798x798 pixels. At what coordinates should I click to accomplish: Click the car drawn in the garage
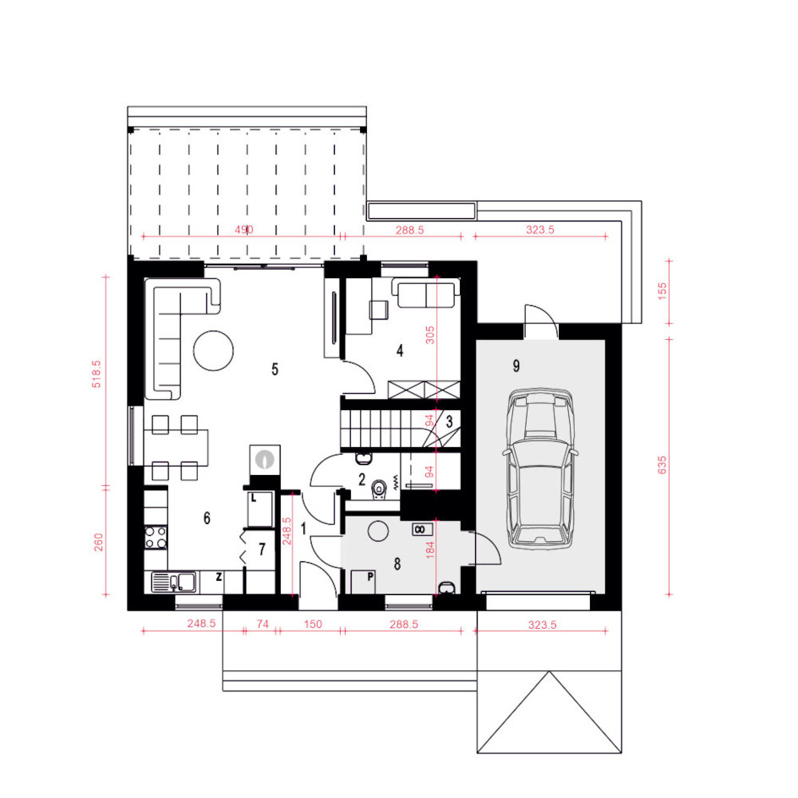pos(540,468)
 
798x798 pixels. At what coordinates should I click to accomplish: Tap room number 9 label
pos(516,365)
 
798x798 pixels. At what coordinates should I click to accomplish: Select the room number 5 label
pos(275,369)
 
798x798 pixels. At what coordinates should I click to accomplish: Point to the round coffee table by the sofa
pos(213,351)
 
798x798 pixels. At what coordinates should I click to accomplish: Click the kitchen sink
pos(173,582)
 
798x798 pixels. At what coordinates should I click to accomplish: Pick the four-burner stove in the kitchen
pos(156,538)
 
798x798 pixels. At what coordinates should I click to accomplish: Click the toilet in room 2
pos(379,489)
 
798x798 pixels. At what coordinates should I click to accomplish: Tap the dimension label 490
pos(243,230)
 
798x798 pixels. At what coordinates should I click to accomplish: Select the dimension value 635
pos(662,465)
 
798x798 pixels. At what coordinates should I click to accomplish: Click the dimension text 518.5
pos(96,374)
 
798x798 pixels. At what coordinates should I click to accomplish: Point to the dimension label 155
pos(662,291)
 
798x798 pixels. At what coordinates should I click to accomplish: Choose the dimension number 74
pos(262,624)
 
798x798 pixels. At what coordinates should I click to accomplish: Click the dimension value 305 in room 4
pos(430,336)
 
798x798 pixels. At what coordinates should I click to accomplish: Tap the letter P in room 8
pos(370,577)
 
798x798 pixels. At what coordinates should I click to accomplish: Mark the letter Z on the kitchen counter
pos(219,577)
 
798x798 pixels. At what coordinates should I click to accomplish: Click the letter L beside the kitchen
pos(254,498)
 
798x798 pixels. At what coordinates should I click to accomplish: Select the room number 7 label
pos(262,549)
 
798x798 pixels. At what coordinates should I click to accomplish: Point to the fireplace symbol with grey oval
pos(265,460)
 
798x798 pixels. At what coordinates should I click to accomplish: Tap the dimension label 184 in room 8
pos(430,550)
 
